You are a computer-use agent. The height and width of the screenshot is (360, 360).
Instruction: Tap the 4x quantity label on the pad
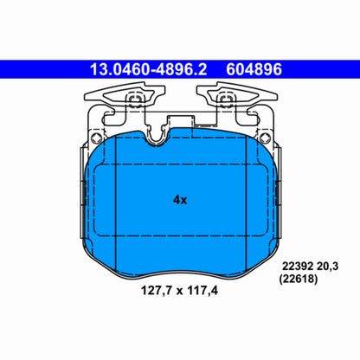[x=181, y=199]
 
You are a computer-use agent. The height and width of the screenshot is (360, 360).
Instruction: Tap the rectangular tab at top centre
[x=179, y=120]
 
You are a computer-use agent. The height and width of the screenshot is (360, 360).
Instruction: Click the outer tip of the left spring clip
[x=89, y=96]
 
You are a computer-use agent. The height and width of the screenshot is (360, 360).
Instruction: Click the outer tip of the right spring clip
[x=270, y=96]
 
